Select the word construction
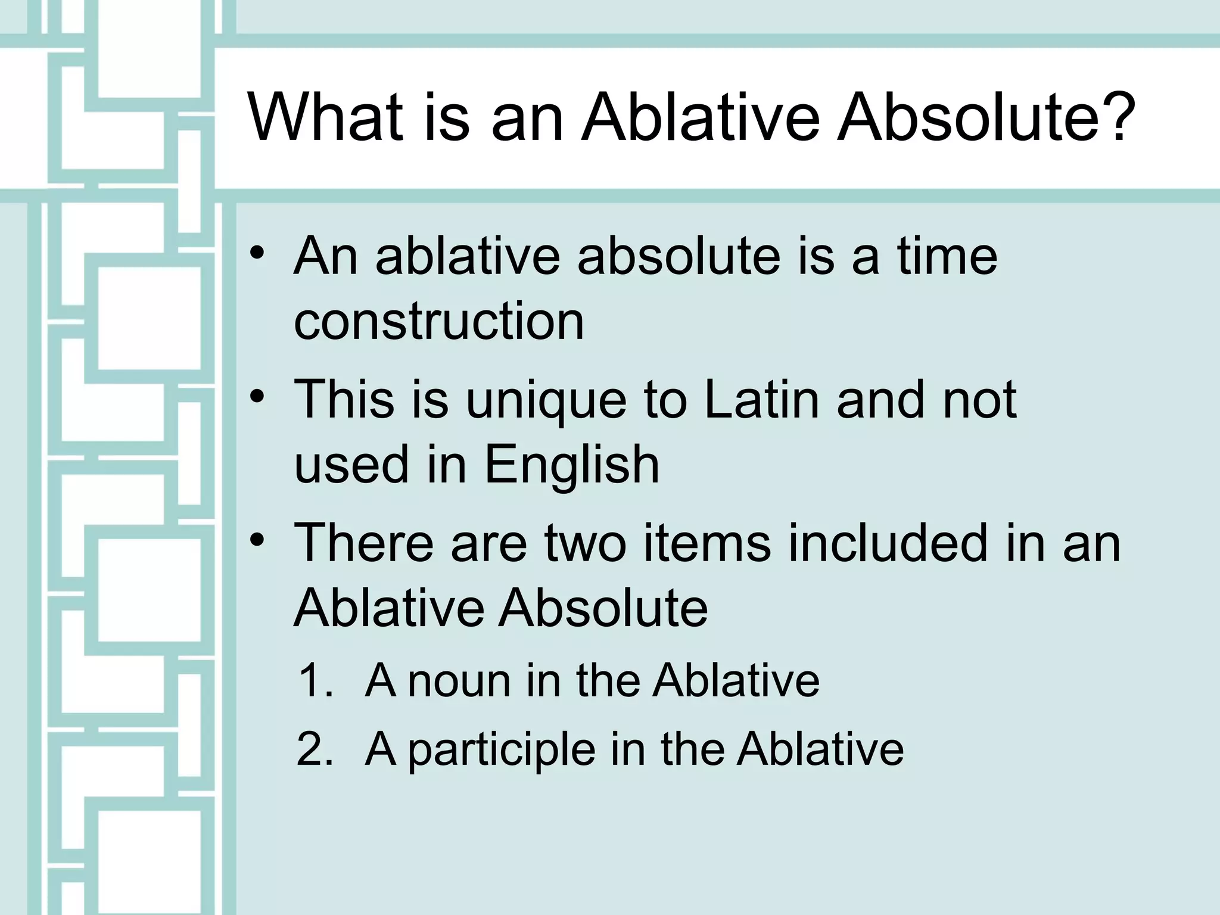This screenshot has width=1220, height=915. coord(439,322)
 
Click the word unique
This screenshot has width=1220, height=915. coord(546,400)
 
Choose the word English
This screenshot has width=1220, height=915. coord(572,465)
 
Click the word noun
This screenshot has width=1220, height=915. coord(459,680)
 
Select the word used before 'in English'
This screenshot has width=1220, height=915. coord(351,465)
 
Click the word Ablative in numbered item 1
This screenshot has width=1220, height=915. coord(736,680)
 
